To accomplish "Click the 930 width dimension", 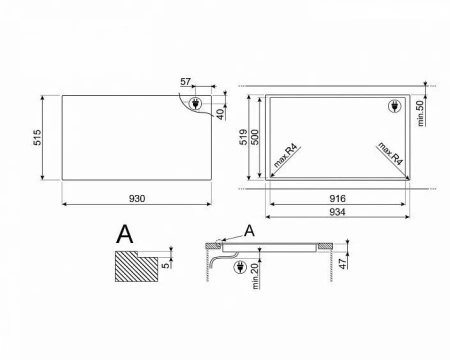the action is (x=137, y=199).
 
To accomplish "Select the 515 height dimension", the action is (x=37, y=137).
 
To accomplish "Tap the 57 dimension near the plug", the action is (x=185, y=82).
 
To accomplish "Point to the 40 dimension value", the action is (x=221, y=114).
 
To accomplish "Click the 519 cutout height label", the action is (x=244, y=137).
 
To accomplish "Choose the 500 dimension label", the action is (x=254, y=137).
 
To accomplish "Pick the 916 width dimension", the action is (x=337, y=199).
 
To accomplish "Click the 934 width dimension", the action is (x=337, y=212).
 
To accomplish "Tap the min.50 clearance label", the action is (x=420, y=113).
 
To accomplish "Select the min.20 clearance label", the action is (x=255, y=276).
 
